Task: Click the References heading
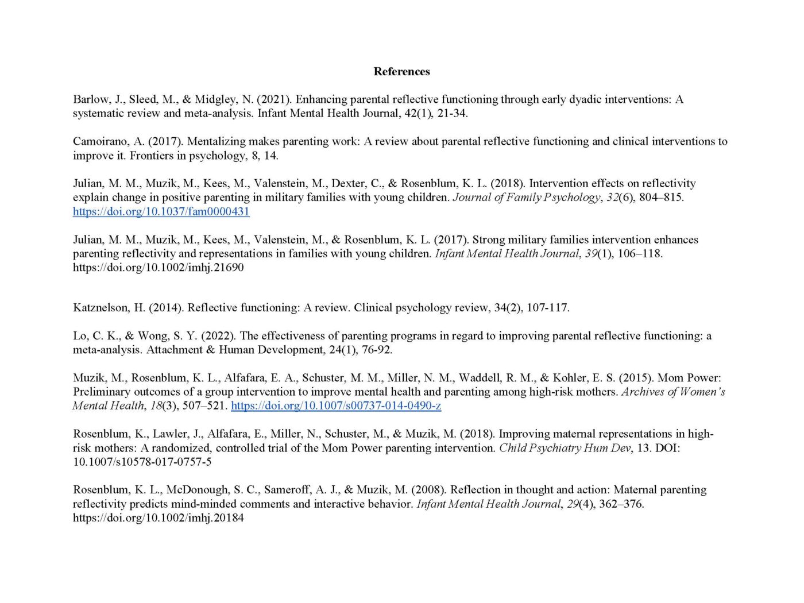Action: point(401,71)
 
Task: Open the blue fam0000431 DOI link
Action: point(161,211)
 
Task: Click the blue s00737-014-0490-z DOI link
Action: point(336,405)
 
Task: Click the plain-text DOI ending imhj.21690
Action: point(158,268)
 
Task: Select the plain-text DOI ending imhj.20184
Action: point(158,518)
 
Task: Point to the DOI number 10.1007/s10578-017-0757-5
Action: point(142,462)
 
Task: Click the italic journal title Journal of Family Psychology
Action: point(525,198)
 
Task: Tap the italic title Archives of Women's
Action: point(672,392)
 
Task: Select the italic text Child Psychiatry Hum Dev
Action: point(565,448)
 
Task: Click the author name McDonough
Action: point(196,490)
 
